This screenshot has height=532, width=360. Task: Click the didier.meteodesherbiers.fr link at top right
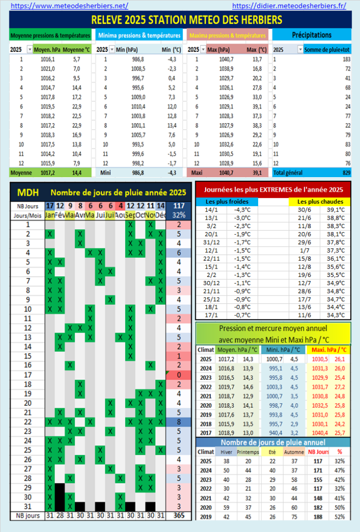(x=289, y=6)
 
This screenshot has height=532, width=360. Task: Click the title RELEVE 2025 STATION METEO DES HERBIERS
(x=180, y=20)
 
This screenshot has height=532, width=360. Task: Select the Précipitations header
(x=312, y=35)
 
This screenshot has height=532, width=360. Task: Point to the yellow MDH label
(x=26, y=193)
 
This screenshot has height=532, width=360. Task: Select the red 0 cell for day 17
(x=178, y=375)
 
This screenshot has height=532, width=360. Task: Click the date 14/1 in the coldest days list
(x=214, y=209)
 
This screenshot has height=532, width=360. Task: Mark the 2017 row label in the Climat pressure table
(x=206, y=432)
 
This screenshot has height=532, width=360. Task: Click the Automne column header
(x=295, y=451)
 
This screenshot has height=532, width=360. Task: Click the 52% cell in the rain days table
(x=340, y=517)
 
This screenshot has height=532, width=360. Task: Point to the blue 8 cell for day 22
(x=178, y=421)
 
